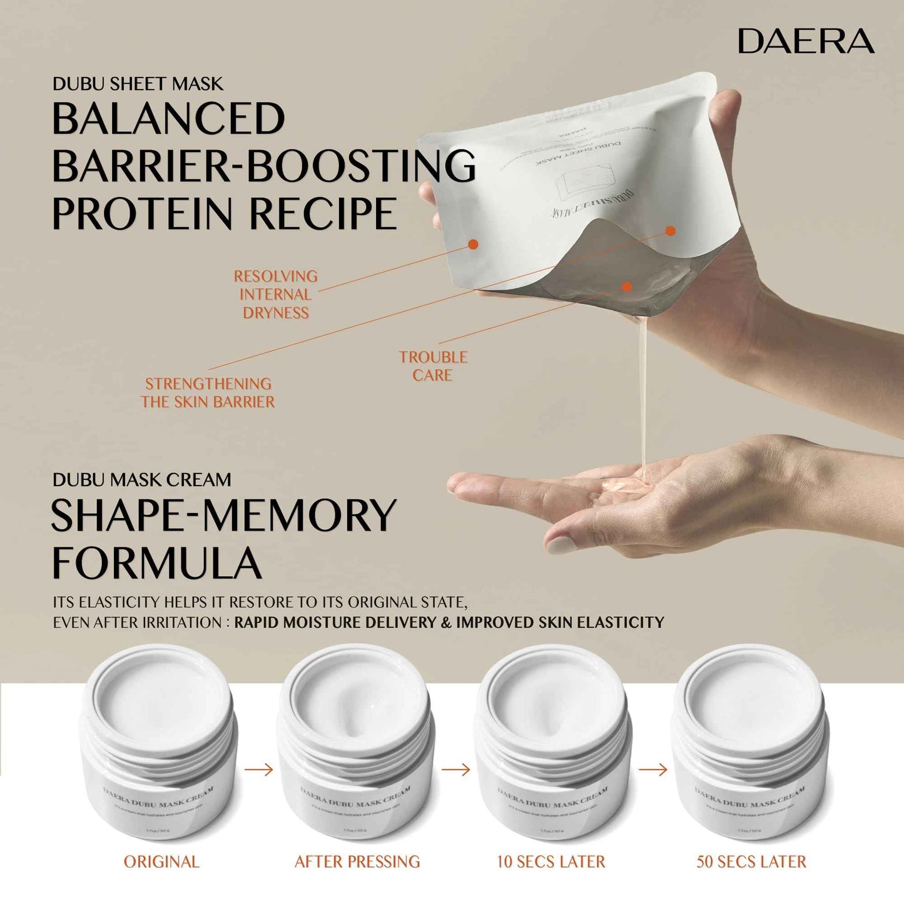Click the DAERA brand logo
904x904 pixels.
(x=806, y=41)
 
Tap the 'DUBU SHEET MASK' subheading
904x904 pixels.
(x=138, y=84)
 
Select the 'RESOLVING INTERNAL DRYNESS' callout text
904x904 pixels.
(x=275, y=294)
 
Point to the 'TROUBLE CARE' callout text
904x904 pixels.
(x=433, y=366)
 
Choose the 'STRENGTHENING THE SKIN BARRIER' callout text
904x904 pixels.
(x=208, y=392)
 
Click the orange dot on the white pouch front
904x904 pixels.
(x=473, y=244)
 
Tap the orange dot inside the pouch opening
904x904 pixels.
(x=627, y=287)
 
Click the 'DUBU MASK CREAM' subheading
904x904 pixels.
(x=141, y=480)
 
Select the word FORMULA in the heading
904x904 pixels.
(x=156, y=563)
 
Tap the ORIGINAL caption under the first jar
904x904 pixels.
(x=161, y=861)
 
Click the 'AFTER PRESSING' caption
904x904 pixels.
(x=357, y=861)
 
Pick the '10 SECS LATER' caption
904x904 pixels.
(x=551, y=861)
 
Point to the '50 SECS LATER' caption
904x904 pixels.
(x=751, y=861)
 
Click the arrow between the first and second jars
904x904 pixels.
(x=258, y=769)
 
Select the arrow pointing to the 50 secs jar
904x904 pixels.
(x=653, y=769)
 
